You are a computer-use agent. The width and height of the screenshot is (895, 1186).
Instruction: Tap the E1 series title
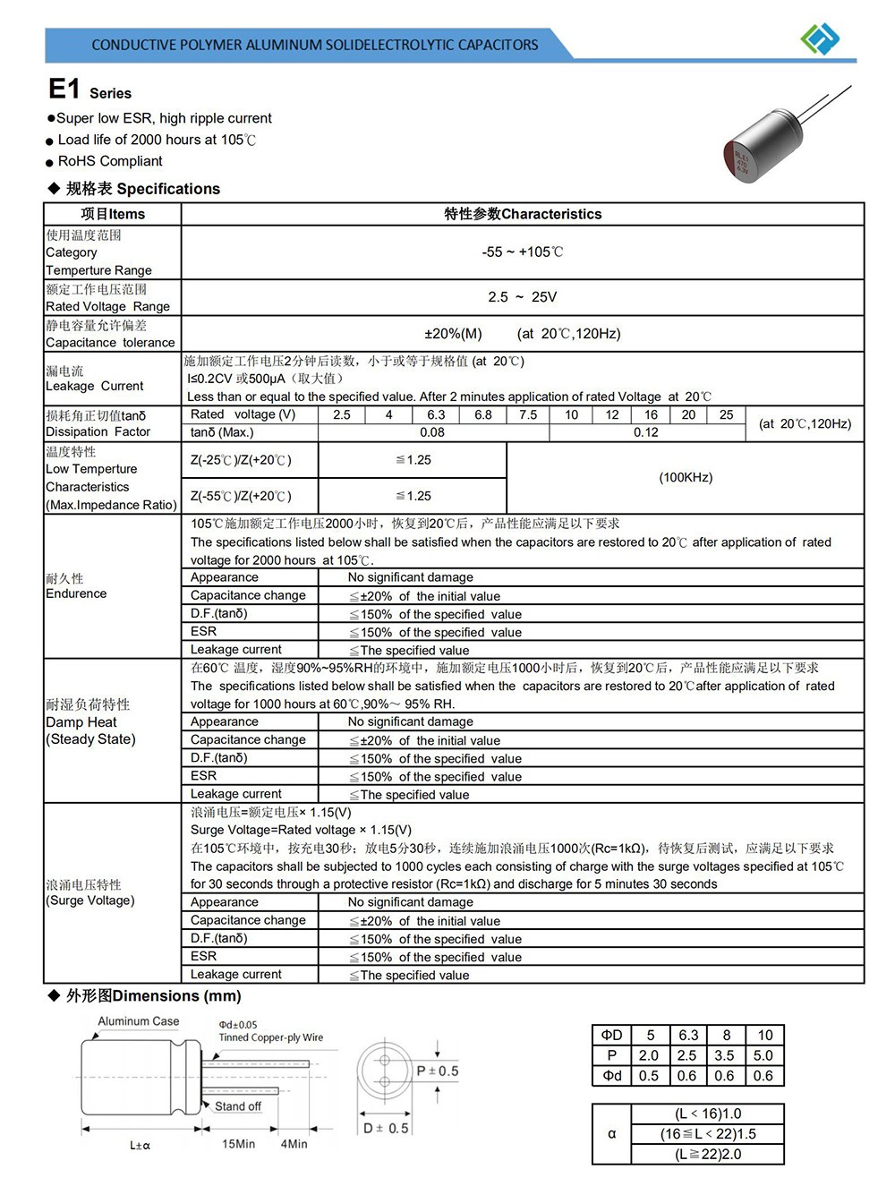coord(89,90)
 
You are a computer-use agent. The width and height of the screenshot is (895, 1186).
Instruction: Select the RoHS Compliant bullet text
coord(110,161)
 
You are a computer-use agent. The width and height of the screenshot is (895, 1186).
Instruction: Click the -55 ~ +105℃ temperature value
coord(523,252)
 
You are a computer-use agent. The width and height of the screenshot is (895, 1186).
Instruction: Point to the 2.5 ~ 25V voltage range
coord(523,297)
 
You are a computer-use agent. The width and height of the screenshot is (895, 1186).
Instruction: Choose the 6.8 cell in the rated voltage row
coord(483,415)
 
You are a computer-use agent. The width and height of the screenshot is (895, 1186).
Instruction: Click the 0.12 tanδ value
coord(646,432)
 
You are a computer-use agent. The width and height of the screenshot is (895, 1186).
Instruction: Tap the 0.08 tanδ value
coord(432,432)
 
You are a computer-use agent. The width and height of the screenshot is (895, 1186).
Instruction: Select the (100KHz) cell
coord(686,477)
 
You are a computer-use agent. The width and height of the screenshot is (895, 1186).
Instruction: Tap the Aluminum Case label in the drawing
coord(139,1021)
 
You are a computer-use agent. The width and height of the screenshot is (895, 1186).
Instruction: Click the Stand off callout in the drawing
coord(238,1106)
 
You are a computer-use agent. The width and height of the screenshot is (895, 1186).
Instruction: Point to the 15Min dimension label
coord(238,1144)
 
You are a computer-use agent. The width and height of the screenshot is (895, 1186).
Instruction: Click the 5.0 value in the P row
coord(763,1055)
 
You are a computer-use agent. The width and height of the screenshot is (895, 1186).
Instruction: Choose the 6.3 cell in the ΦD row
coord(687,1035)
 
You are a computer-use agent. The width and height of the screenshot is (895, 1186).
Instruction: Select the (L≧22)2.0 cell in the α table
coord(707,1155)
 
